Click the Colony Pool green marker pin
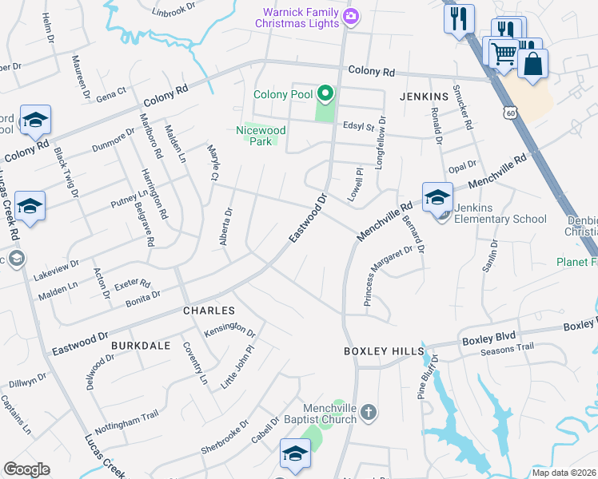pos(325,94)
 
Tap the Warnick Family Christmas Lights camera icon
pos(350,15)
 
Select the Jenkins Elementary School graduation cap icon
pos(437,197)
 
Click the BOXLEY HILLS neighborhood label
pos(381,350)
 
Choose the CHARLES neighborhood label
pos(209,310)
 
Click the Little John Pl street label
pos(237,362)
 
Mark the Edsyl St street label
pos(358,126)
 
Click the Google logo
pos(26,469)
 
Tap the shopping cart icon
pos(503,53)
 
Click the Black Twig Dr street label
pos(66,172)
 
